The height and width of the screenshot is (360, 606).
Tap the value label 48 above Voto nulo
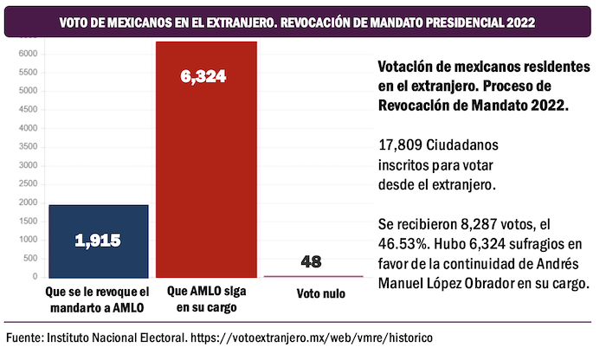pos(313,260)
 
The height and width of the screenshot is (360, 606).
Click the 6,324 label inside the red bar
pos(203,77)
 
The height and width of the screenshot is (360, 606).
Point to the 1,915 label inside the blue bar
pos(98,241)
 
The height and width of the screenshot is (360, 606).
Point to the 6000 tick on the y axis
pos(28,54)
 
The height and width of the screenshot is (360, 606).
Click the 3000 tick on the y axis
pos(28,165)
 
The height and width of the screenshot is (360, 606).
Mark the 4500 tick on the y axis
pos(28,109)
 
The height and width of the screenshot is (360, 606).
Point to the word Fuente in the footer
pos(26,337)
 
